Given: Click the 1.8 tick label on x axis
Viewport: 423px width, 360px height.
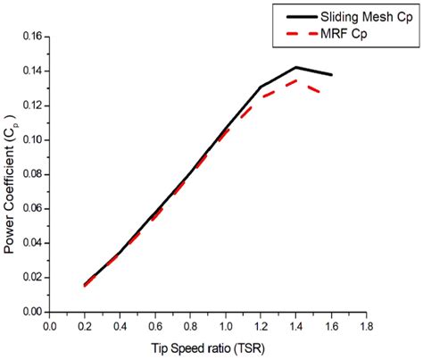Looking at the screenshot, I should coord(366,326).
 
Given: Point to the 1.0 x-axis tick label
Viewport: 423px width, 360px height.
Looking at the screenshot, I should coord(225,326).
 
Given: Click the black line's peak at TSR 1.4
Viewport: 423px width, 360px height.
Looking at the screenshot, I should coord(295,67).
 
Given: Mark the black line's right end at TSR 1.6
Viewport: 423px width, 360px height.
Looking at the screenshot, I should coord(331,75).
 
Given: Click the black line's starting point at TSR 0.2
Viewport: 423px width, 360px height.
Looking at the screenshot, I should coord(84,285).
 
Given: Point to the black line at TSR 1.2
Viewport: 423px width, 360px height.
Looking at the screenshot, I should coord(261,87).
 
